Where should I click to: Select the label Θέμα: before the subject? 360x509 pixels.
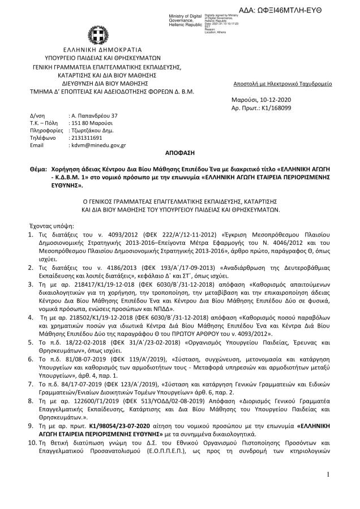(40, 169)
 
